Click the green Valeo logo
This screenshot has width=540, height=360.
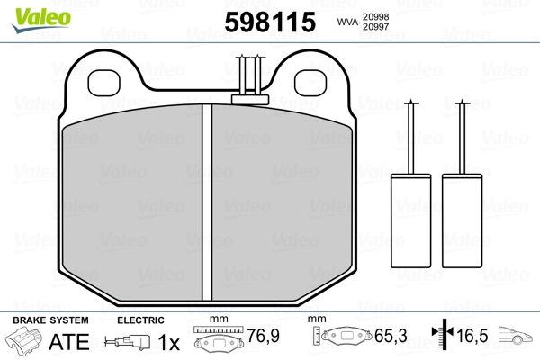point(41,20)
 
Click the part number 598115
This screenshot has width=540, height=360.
point(270,22)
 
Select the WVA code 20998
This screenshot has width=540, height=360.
point(375,16)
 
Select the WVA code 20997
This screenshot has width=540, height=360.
point(375,26)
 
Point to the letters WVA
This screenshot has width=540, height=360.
point(347,22)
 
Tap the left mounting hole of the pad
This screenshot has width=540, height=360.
point(104,83)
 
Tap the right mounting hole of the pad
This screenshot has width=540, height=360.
point(310,83)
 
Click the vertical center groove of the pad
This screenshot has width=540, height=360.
point(207,202)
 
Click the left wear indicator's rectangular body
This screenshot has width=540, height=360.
point(411,220)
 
